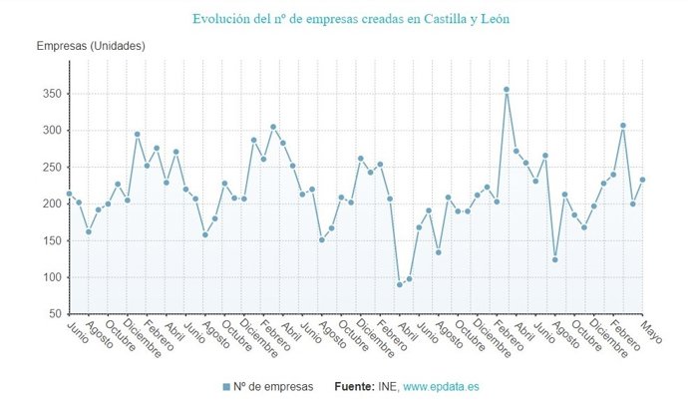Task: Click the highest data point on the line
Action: tap(507, 90)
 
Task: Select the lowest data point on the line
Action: tap(400, 284)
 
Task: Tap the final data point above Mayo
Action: tap(643, 180)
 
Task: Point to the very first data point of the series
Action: tap(69, 194)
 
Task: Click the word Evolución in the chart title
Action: tap(222, 19)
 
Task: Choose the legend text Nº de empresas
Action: tap(275, 386)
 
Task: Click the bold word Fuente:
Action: tap(355, 386)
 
